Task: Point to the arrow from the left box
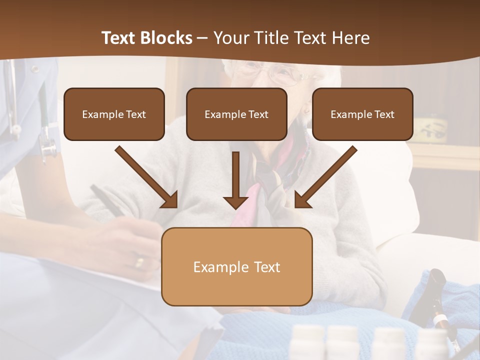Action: click(x=147, y=177)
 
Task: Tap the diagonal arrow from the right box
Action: click(x=325, y=177)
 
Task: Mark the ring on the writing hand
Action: click(x=140, y=261)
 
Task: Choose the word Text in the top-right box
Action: click(x=384, y=114)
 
